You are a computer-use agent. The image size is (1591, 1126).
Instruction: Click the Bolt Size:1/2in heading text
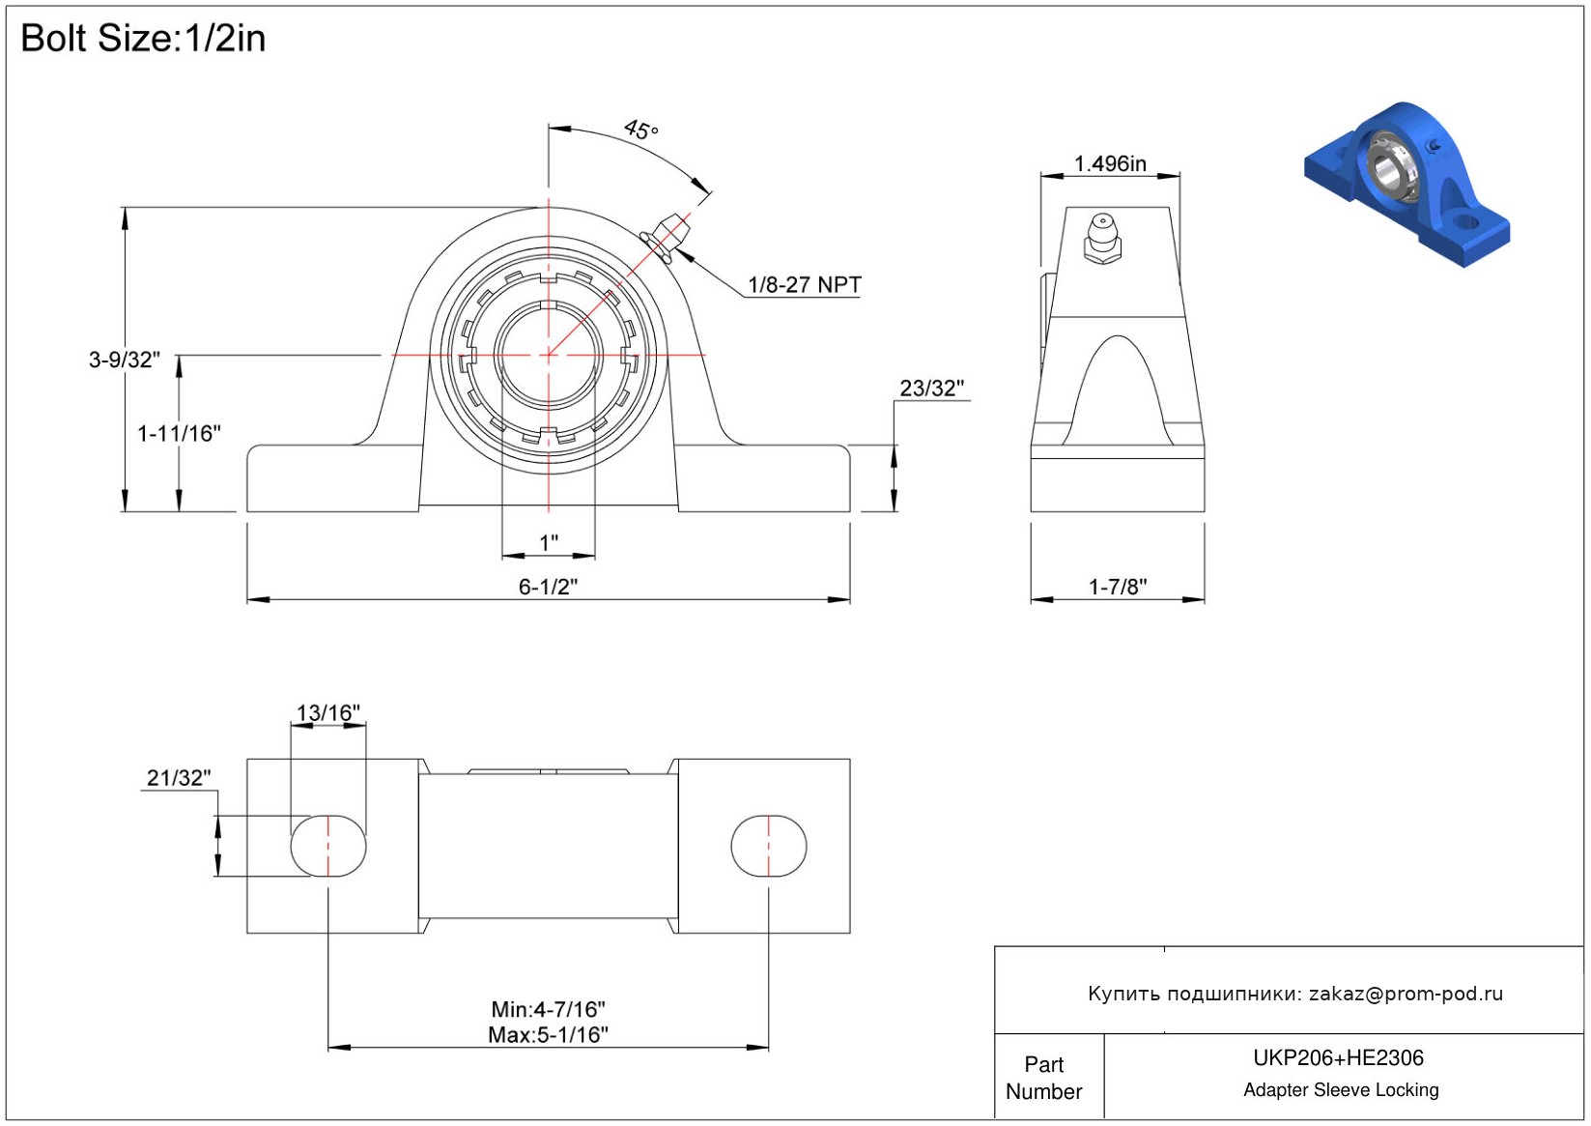click(x=143, y=38)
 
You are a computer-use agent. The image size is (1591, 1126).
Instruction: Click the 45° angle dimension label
click(x=641, y=130)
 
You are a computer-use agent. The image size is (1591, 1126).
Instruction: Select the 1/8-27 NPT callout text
click(x=804, y=285)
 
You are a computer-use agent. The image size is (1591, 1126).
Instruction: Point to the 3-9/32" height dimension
click(x=125, y=360)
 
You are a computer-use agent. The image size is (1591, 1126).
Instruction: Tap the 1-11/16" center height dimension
click(x=179, y=433)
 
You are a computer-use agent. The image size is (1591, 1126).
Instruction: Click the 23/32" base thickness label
click(x=932, y=389)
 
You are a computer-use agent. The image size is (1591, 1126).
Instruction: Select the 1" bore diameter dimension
click(x=549, y=543)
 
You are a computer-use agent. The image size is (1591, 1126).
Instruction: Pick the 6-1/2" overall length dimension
click(x=548, y=587)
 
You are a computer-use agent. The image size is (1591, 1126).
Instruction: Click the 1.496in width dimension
click(x=1110, y=163)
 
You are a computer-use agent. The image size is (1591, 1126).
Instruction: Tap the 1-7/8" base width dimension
click(x=1118, y=587)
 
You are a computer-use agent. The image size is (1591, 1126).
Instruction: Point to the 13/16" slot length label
click(x=328, y=712)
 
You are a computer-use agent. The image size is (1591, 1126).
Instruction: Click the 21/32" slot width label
click(x=179, y=778)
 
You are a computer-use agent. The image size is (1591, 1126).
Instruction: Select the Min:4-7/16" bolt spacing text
click(x=548, y=1009)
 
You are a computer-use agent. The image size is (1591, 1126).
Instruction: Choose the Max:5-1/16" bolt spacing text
click(x=548, y=1034)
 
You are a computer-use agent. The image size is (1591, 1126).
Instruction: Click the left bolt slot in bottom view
click(x=328, y=846)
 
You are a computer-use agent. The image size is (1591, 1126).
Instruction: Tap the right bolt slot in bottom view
click(x=769, y=846)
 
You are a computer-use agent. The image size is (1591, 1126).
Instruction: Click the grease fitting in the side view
click(x=1101, y=239)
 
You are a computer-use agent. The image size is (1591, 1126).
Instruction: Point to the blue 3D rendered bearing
click(x=1406, y=184)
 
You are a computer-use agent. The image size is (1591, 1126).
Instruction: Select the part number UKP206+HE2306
click(x=1338, y=1057)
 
